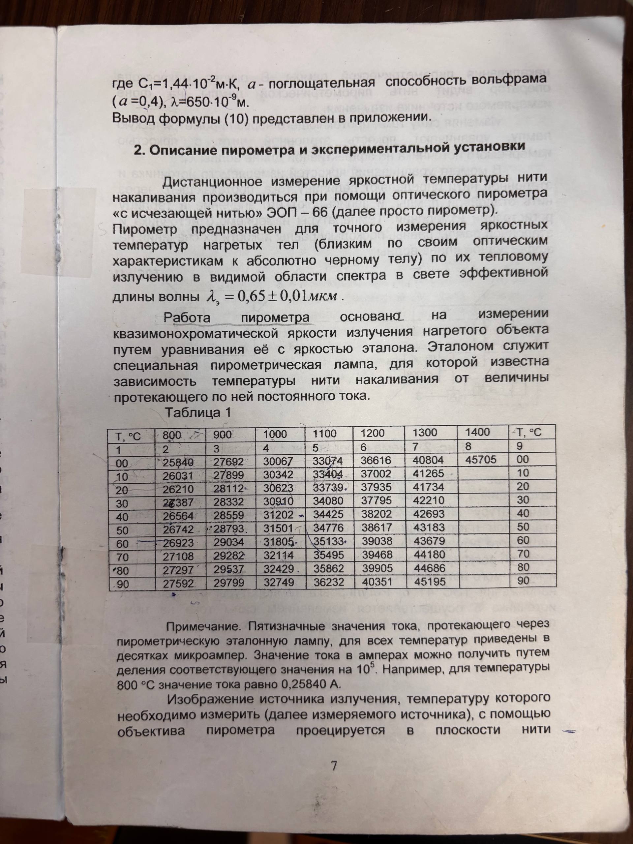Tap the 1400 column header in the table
(x=477, y=432)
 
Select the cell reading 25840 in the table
(x=178, y=463)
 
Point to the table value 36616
(x=376, y=460)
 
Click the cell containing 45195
(x=429, y=582)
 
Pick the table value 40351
(x=377, y=582)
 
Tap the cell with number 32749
(x=279, y=582)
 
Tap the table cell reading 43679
(x=429, y=541)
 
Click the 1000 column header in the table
(x=275, y=434)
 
